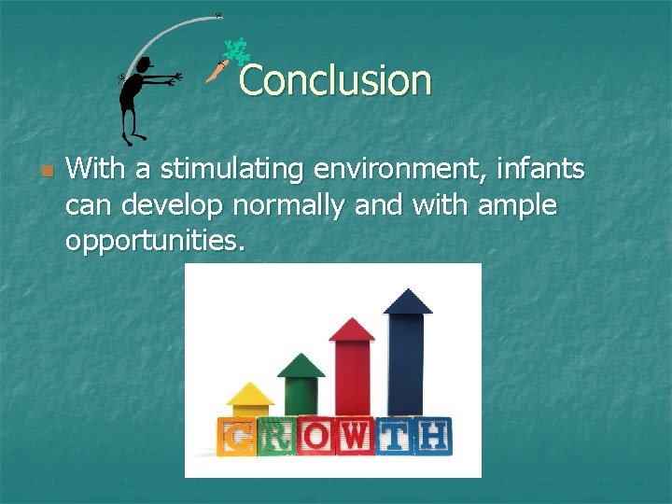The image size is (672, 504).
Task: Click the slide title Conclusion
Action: pos(335,80)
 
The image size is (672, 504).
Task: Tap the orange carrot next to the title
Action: pos(217,71)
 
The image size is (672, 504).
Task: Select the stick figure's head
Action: pos(143,64)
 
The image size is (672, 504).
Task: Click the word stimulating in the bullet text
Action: pos(232,170)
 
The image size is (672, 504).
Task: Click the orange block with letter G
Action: pos(236,437)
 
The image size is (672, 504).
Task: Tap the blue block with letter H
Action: pos(433,437)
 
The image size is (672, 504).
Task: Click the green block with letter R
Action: pos(276,437)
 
